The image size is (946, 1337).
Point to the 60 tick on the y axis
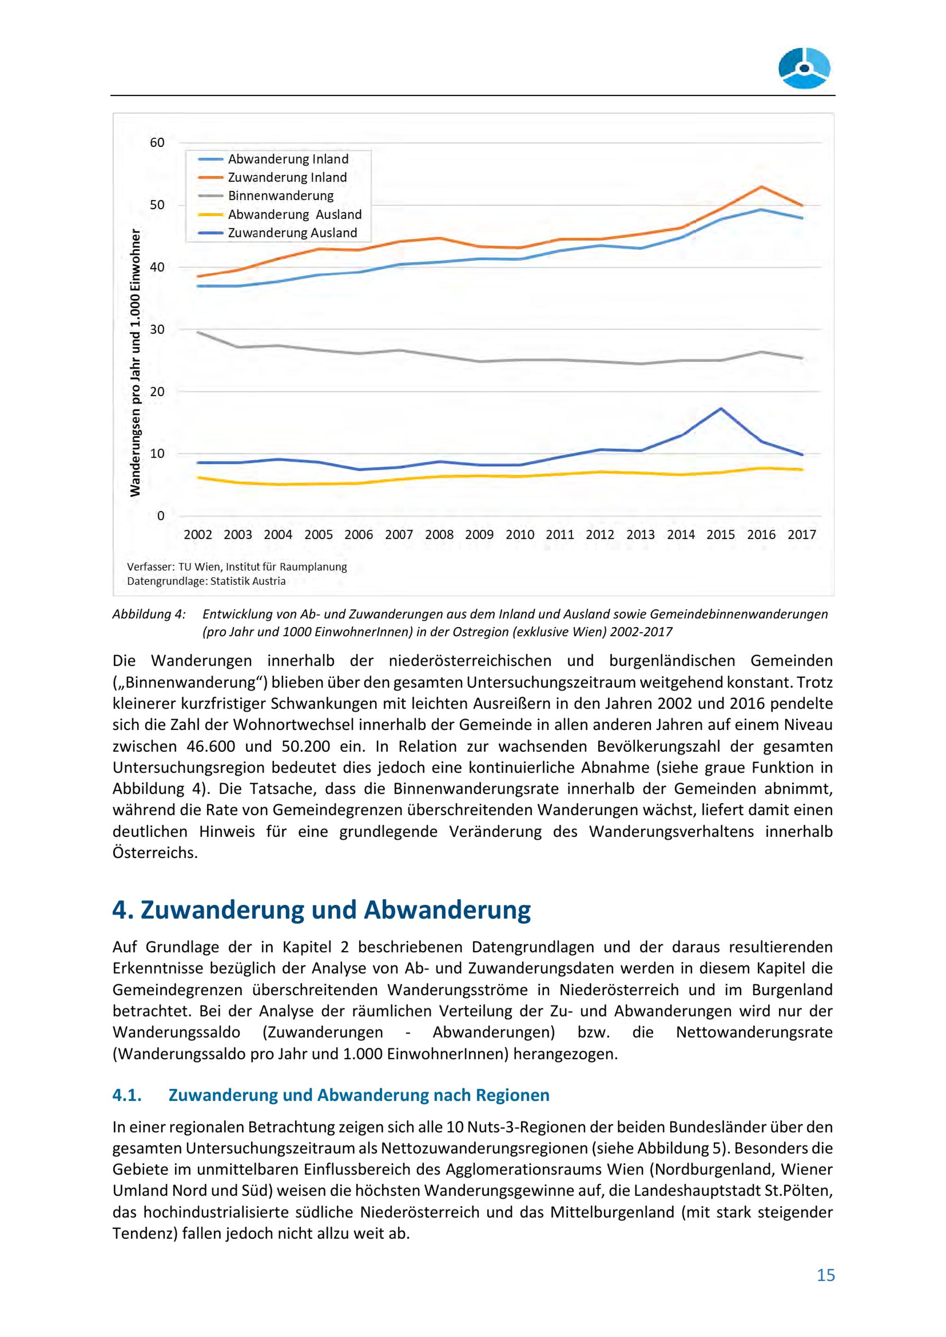pos(158,143)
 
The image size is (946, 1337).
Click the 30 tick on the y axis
pos(158,330)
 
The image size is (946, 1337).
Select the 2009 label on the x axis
pos(480,535)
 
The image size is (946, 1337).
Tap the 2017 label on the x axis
pos(802,535)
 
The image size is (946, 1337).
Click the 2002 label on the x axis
pos(198,535)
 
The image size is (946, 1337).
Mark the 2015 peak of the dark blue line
pos(721,408)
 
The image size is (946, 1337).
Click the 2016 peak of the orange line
pos(762,186)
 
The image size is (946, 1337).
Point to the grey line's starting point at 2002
pos(198,332)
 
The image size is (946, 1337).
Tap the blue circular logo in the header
pos(805,68)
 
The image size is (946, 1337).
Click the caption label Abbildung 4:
pos(149,614)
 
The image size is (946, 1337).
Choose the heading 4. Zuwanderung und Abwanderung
pos(322,910)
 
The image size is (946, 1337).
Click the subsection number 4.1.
pos(127,1095)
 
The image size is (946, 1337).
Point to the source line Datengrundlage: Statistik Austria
pos(206,581)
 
